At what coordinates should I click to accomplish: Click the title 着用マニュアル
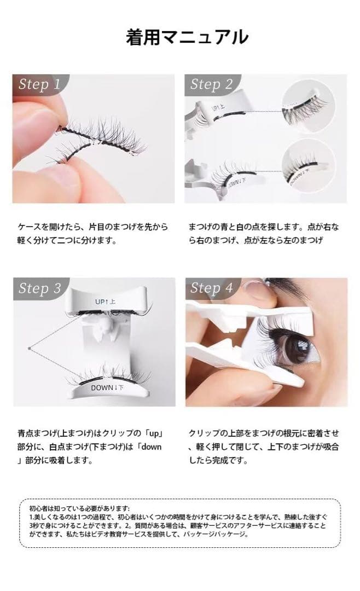tap(187, 37)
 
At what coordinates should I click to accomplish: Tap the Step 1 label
tap(39, 84)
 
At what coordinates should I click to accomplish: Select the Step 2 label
tap(212, 84)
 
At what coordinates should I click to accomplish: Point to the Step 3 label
tap(39, 288)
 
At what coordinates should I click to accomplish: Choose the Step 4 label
tap(212, 288)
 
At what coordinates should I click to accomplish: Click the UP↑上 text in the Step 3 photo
tap(105, 302)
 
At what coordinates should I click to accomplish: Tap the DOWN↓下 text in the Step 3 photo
tap(107, 387)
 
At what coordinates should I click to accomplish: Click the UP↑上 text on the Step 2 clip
tap(218, 108)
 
